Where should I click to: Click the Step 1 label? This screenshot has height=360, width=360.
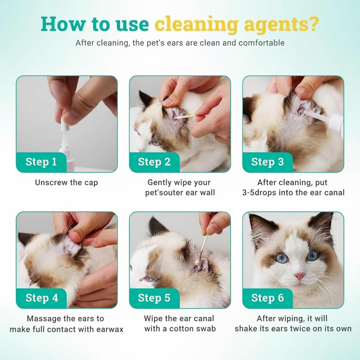coord(41,162)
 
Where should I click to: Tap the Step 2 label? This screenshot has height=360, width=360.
coord(154,162)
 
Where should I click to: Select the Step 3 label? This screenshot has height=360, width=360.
coord(268,162)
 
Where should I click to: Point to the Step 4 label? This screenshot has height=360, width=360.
coord(42,298)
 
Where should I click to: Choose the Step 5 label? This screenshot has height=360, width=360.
coord(154,298)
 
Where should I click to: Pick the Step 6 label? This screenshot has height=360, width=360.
coord(268,298)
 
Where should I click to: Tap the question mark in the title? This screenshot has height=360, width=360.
coord(313,24)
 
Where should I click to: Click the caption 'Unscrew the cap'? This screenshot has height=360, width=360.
coord(66,182)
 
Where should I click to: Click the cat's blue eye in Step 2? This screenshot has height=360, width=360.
coord(155,143)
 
